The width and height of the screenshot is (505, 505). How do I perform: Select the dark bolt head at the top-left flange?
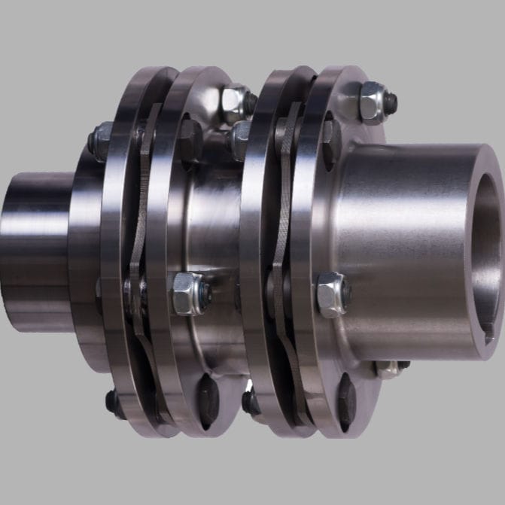coord(100,140)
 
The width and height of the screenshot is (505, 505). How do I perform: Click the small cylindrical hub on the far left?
coord(34,248)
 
